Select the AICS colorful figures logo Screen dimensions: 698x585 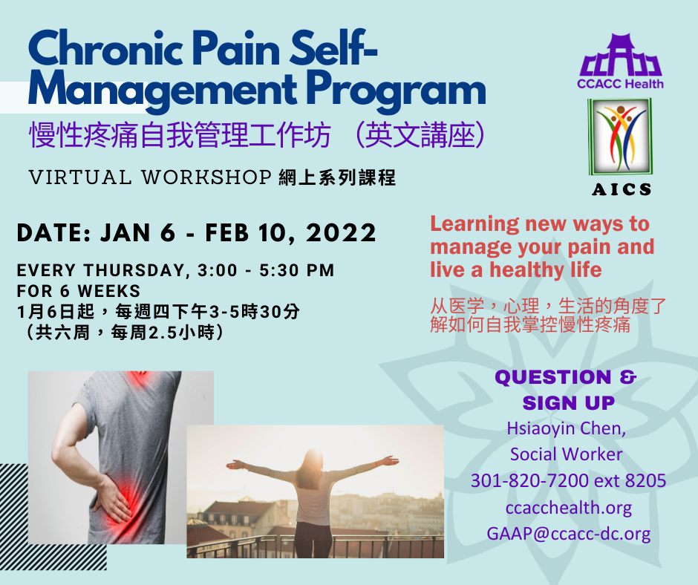tap(620, 137)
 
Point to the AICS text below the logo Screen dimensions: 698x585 tap(622, 189)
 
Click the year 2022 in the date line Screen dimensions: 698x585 tap(341, 233)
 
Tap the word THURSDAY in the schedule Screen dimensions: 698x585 tap(134, 270)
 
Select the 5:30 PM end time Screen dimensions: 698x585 tap(296, 270)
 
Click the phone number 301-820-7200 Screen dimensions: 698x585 tap(529, 481)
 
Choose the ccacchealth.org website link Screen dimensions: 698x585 tap(569, 508)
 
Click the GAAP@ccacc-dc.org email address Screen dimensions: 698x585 tap(569, 534)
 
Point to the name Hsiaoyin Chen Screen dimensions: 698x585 tap(567, 428)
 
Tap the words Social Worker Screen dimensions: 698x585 tap(567, 454)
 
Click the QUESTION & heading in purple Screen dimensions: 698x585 tap(566, 377)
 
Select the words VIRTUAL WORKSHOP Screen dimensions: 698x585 tap(150, 177)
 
